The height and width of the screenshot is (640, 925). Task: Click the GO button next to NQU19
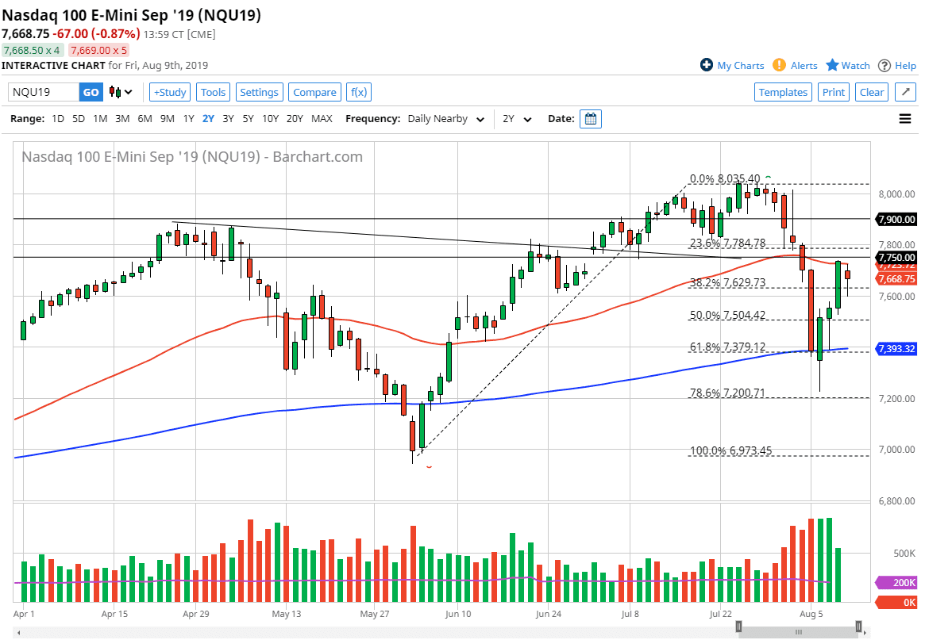91,92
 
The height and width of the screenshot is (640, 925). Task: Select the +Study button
169,92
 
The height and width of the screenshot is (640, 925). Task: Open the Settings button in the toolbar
259,92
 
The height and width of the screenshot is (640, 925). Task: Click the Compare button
314,92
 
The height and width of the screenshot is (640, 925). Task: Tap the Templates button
783,92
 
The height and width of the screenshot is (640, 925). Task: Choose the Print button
833,92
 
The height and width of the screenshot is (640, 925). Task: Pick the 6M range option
145,119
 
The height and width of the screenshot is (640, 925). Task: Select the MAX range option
322,119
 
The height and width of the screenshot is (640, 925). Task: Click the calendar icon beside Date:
591,119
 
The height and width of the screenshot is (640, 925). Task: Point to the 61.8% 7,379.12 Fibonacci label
727,347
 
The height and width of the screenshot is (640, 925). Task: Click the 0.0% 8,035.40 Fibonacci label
724,178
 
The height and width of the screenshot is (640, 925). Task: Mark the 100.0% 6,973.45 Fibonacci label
730,451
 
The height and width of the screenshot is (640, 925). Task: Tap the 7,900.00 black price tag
896,219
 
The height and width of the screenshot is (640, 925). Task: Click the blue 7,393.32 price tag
896,349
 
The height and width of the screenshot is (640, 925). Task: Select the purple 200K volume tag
896,582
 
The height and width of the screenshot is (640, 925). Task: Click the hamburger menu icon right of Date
904,119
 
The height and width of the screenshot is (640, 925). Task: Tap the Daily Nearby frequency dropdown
445,119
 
